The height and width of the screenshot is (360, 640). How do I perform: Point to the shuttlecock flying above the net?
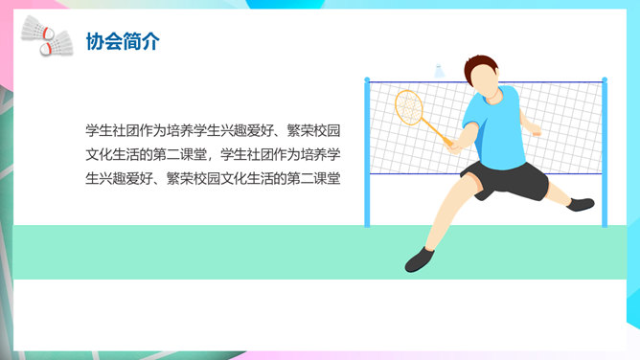tap(441, 71)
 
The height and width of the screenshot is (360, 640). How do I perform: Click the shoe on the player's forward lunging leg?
tap(420, 259)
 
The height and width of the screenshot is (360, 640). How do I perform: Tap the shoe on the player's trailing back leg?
tap(582, 203)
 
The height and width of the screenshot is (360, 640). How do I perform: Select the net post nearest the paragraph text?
tap(366, 153)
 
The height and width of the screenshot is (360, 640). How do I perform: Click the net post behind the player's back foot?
tap(604, 153)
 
